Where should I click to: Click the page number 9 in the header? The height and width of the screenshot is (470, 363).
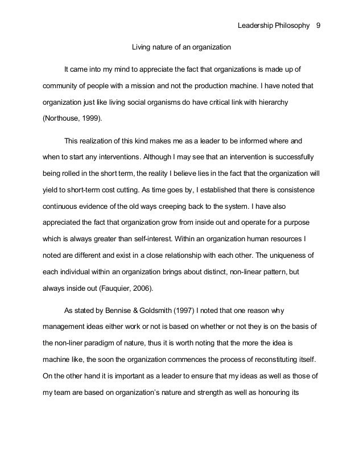click(318, 26)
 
